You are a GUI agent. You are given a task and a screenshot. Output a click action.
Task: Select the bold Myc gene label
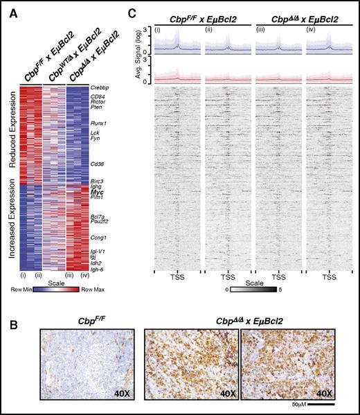[96, 191]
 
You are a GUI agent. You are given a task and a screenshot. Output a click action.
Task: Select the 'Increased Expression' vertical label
[10, 226]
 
